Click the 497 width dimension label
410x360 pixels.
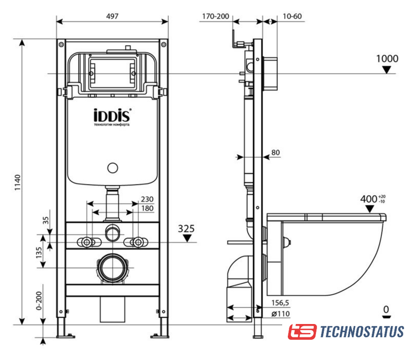[x=112, y=16]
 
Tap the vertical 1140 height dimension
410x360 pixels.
[x=17, y=182]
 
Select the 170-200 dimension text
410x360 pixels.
[x=216, y=16]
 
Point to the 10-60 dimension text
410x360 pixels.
[x=292, y=16]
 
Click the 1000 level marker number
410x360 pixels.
[x=387, y=58]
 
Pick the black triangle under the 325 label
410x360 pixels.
[x=187, y=238]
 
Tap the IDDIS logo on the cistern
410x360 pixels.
[x=112, y=115]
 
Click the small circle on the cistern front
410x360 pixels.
[x=113, y=168]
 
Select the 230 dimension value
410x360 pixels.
[x=147, y=199]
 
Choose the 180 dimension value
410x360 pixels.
[x=147, y=208]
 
